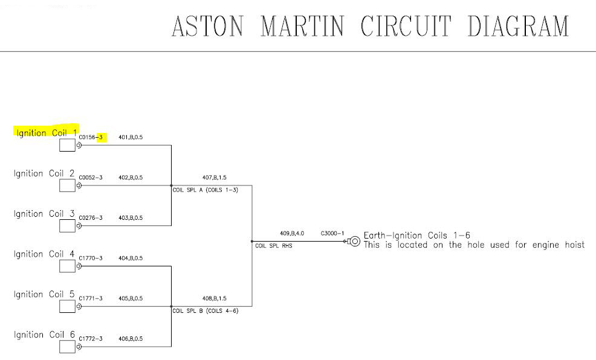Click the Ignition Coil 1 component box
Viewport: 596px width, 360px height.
[x=67, y=146]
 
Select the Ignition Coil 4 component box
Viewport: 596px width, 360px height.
[x=67, y=266]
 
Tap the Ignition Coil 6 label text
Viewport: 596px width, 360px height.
[x=45, y=335]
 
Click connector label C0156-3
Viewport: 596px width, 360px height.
[x=92, y=138]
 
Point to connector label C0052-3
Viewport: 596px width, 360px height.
[x=91, y=178]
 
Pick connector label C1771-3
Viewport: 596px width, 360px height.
[x=91, y=298]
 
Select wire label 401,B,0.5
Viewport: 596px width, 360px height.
[x=131, y=138]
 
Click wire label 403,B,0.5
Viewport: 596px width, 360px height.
[x=131, y=218]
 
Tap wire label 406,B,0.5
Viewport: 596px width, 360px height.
[x=131, y=339]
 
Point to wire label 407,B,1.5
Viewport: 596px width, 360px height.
[x=215, y=178]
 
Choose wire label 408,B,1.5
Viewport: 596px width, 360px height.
[x=215, y=298]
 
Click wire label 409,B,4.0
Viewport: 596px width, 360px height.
[x=292, y=233]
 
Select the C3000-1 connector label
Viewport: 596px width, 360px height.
[x=332, y=233]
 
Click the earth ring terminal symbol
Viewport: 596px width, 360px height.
[x=355, y=242]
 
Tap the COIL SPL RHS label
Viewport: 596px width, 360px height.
[x=274, y=246]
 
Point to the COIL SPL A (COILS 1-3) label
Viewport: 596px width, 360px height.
[x=205, y=190]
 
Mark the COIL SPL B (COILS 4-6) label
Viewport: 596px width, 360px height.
[x=205, y=311]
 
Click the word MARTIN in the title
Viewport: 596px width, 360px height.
[x=302, y=27]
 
